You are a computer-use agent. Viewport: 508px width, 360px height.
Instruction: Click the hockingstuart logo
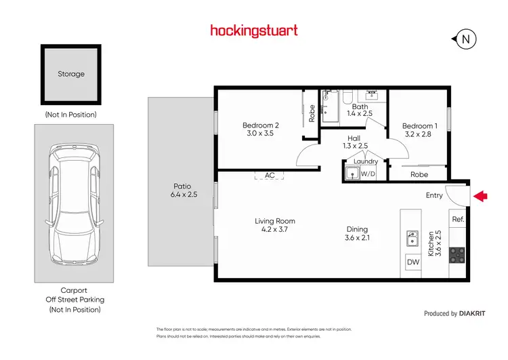pyautogui.click(x=253, y=30)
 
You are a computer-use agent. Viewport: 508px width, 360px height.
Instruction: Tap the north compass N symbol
pyautogui.click(x=465, y=39)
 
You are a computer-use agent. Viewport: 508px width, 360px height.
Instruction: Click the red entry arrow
pyautogui.click(x=480, y=196)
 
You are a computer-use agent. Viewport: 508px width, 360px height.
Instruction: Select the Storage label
pyautogui.click(x=71, y=73)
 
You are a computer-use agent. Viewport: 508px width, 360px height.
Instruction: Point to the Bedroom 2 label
pyautogui.click(x=261, y=125)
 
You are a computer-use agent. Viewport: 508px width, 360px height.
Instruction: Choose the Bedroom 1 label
pyautogui.click(x=419, y=126)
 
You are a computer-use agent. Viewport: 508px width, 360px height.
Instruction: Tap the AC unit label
pyautogui.click(x=270, y=175)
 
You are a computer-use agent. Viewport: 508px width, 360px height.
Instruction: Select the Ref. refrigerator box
pyautogui.click(x=457, y=219)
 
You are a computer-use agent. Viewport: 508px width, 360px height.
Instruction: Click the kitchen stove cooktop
pyautogui.click(x=457, y=256)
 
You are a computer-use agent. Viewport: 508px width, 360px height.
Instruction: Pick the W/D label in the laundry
pyautogui.click(x=368, y=174)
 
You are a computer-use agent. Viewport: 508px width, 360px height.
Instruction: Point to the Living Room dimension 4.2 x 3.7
pyautogui.click(x=275, y=230)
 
